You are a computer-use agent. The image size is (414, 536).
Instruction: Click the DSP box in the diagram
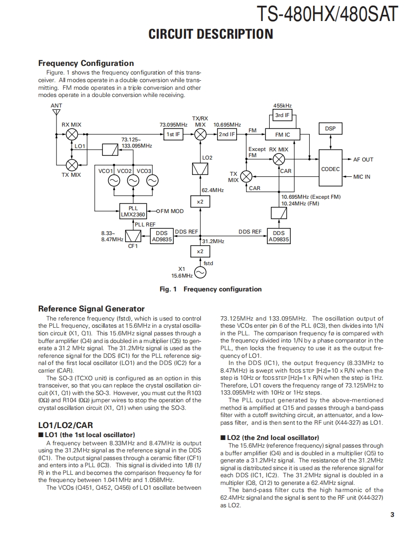(x=330, y=129)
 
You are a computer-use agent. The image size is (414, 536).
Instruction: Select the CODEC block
(x=330, y=169)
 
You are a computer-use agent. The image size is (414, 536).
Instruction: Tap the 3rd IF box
(x=282, y=115)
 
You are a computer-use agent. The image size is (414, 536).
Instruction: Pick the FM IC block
(x=282, y=135)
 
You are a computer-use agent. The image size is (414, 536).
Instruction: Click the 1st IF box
(x=173, y=135)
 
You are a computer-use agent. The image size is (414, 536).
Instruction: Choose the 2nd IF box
(x=227, y=135)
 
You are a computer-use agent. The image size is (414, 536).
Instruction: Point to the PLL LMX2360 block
(x=133, y=211)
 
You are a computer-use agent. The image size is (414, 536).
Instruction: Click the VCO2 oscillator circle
(x=133, y=181)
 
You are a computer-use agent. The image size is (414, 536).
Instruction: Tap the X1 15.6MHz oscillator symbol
(x=199, y=272)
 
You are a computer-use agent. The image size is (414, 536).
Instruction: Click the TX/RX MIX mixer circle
(x=200, y=135)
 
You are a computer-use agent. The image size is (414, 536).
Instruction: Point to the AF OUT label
(x=363, y=160)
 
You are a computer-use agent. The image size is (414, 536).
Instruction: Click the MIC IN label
(x=361, y=177)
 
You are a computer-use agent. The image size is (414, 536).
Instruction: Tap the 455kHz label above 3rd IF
(x=282, y=106)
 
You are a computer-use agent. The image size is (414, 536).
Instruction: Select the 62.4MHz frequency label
(x=213, y=190)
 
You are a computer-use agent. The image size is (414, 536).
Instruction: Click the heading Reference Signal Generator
(x=91, y=309)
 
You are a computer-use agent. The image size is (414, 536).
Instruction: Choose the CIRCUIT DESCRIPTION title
(x=211, y=34)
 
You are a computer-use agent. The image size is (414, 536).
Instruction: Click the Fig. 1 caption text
(x=210, y=289)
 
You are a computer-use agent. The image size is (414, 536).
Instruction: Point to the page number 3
(x=392, y=515)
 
